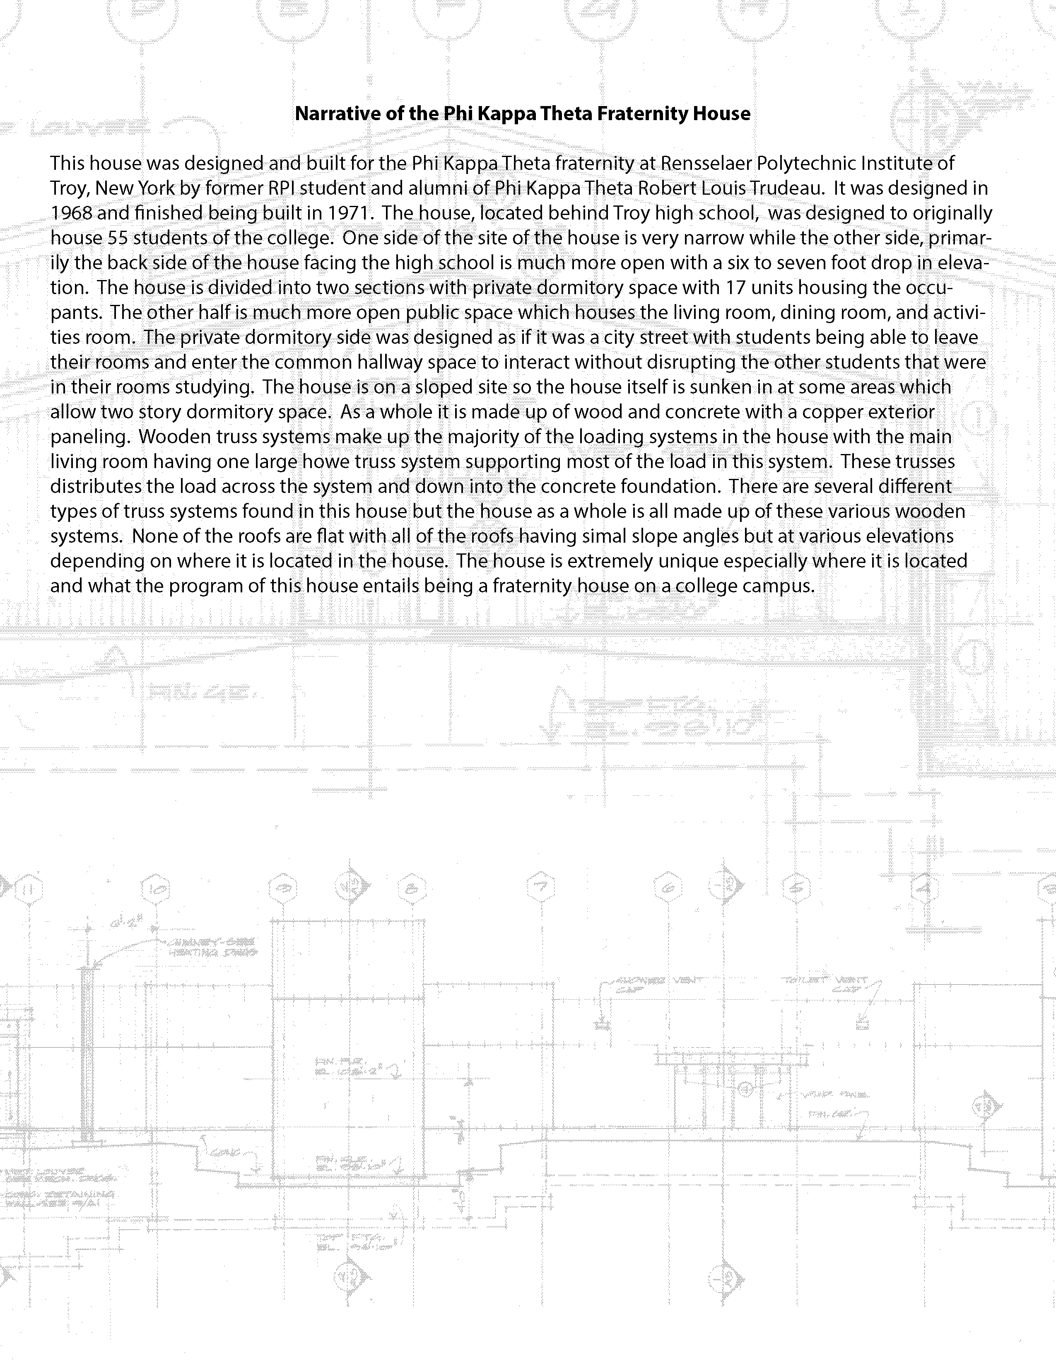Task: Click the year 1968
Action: pos(71,213)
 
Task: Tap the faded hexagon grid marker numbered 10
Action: pos(155,888)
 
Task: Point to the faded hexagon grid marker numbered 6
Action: pos(668,888)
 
